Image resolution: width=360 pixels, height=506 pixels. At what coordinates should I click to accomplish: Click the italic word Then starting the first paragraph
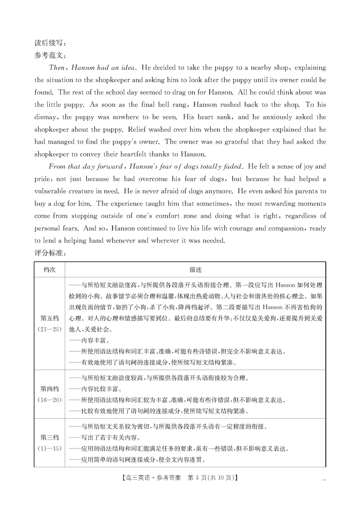point(57,68)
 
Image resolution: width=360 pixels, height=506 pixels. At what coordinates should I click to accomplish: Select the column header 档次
point(50,269)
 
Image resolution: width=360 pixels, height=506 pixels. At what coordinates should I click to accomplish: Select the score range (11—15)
point(50,448)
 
